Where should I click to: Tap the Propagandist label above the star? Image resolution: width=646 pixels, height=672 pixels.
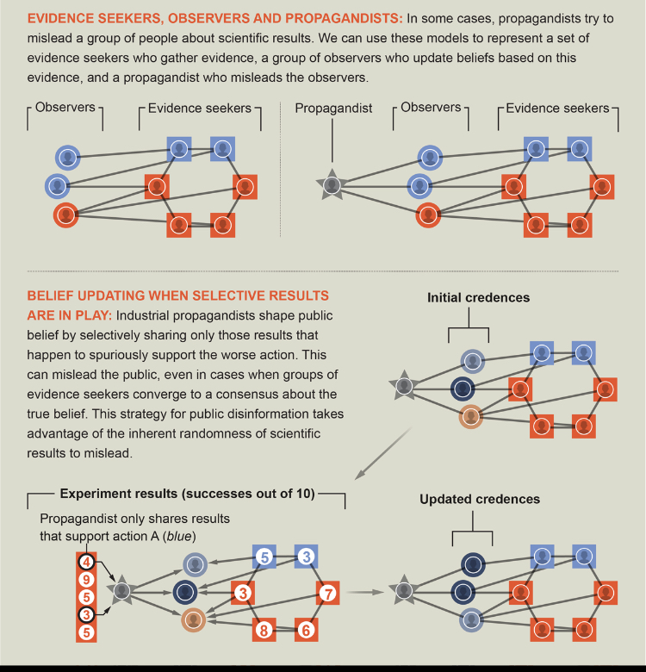click(x=333, y=109)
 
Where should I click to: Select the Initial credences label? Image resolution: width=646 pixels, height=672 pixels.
click(x=478, y=297)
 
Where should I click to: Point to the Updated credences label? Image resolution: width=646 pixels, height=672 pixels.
click(x=480, y=499)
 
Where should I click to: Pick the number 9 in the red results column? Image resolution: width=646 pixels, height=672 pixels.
click(x=86, y=580)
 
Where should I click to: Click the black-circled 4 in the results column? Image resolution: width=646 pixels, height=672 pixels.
click(x=86, y=562)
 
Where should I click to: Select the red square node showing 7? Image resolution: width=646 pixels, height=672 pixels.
click(x=327, y=594)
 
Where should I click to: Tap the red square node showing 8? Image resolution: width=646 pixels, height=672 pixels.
click(x=264, y=630)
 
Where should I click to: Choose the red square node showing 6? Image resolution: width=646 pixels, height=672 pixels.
click(x=306, y=630)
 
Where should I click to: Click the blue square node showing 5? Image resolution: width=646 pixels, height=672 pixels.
click(x=264, y=557)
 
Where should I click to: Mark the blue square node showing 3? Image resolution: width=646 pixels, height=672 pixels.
click(x=306, y=557)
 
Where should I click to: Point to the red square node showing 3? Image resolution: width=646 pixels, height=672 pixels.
click(x=243, y=593)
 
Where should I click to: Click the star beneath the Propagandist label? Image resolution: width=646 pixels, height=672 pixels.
click(x=332, y=185)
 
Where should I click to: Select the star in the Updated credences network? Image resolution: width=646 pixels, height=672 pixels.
click(x=404, y=590)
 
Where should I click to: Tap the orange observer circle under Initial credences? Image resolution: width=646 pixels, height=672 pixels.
click(x=471, y=416)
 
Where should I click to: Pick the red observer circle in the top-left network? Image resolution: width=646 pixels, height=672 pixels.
click(x=66, y=215)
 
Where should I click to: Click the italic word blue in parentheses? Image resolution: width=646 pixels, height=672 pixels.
click(x=179, y=537)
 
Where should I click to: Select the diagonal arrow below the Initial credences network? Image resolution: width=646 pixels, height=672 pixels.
click(x=383, y=453)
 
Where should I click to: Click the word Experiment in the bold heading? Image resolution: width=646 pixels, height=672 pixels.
click(x=89, y=494)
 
